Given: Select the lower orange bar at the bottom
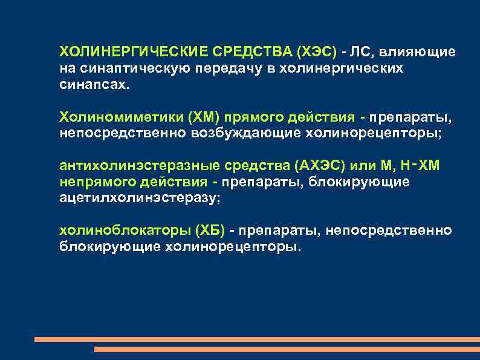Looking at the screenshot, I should (x=287, y=349).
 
